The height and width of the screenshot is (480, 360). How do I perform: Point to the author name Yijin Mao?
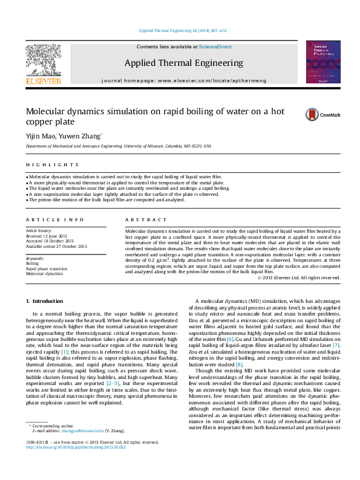38,136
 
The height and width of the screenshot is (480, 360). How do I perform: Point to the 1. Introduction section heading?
45,301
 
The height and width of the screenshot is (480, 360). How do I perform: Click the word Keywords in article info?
36,258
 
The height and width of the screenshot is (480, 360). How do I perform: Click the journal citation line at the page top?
182,30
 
